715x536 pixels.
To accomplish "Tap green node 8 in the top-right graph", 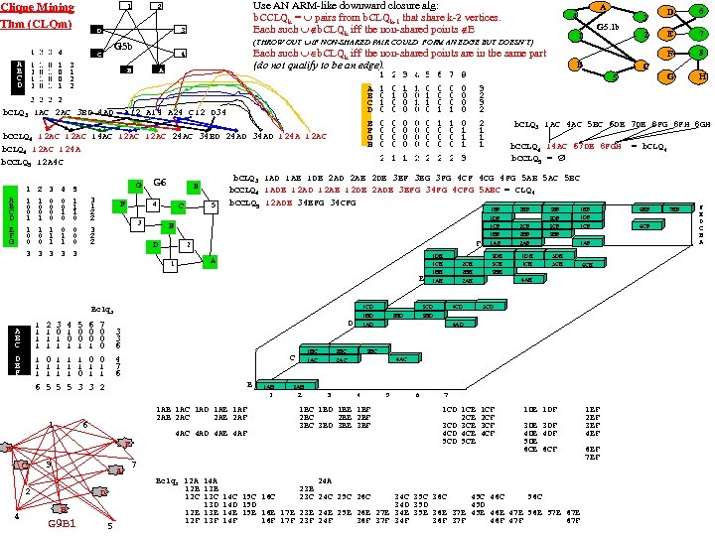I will [702, 53].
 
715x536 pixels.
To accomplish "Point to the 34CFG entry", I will [343, 203].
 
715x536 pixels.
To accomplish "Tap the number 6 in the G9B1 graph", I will [84, 425].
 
